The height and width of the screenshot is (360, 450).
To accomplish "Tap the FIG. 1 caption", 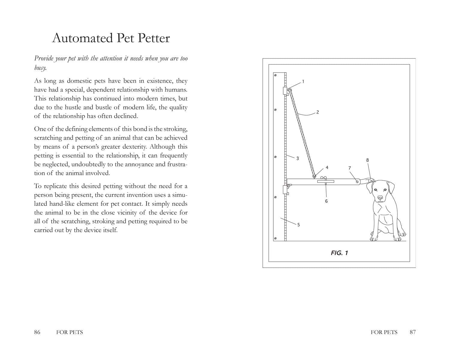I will coord(339,253).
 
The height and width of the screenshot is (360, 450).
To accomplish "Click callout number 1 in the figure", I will coord(303,81).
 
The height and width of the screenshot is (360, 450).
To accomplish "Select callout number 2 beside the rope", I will coord(318,112).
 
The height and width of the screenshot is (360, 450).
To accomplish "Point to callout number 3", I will coord(298,158).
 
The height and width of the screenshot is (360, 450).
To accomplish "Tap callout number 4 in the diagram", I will coord(327,167).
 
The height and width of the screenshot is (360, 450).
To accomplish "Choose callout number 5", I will coord(298,225).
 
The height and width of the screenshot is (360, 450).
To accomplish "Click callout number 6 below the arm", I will coord(326,201).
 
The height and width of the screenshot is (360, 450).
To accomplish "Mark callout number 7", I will coord(349,168).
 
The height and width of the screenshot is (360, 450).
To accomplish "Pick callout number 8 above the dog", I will coord(367,160).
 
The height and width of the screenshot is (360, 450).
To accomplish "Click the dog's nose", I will coord(380,198).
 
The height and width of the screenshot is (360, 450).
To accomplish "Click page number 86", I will coord(37,332).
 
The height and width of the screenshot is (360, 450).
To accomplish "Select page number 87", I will coord(413,332).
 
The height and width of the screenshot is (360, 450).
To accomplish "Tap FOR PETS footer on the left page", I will coord(69,332).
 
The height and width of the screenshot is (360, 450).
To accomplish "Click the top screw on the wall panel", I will coord(275,75).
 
